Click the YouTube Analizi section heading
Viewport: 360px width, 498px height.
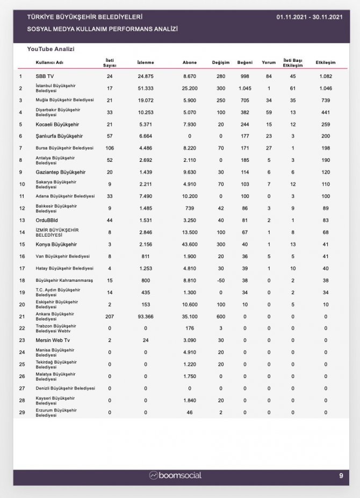[51, 49]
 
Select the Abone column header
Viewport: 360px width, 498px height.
[189, 62]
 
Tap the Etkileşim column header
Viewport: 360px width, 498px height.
[326, 62]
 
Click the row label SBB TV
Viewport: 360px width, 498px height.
[45, 76]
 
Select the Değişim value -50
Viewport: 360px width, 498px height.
[221, 280]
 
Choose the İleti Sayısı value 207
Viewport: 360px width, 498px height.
[110, 316]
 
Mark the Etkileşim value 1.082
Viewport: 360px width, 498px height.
[326, 76]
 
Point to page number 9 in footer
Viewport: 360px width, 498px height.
[341, 475]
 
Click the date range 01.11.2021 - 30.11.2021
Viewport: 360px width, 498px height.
[309, 17]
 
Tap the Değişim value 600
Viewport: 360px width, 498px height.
[221, 316]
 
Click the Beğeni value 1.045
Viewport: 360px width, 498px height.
[244, 88]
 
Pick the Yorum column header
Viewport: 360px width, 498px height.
[268, 62]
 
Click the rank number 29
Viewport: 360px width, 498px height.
[21, 412]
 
